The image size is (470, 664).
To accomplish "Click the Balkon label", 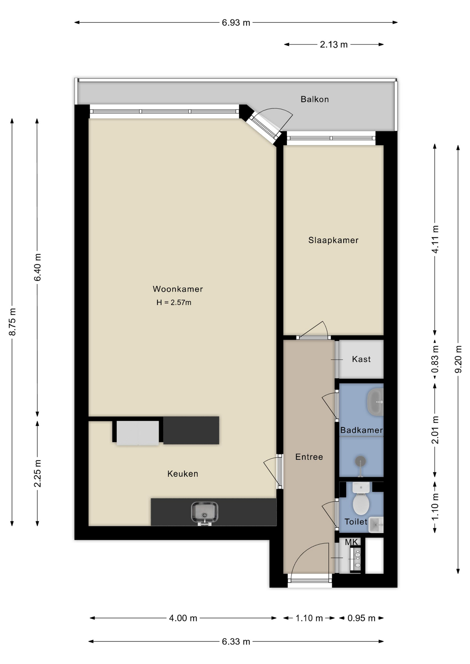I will pos(314,99).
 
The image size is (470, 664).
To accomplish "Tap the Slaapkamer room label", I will pos(333,240).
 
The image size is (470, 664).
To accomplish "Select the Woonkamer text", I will pos(178,289).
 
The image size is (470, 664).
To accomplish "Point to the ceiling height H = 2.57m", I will pos(174,303).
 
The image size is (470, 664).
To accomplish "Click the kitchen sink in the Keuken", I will pos(205,512).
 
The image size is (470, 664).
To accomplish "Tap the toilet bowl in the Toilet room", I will pos(361,504).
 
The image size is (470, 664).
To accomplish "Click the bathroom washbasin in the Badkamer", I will pos(376,402).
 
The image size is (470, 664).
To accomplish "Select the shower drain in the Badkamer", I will pos(361,461).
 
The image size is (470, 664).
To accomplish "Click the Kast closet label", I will pos(361,359).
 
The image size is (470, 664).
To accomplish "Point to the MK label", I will pos(351,542).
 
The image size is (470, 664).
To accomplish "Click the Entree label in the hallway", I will pos(309,457).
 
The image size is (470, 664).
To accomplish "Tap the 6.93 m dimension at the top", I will pos(236,23).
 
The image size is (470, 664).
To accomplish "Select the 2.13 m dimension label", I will pos(333,45).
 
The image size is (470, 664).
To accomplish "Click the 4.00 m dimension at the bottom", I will pos(183,618).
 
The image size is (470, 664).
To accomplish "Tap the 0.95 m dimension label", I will pos(361,618).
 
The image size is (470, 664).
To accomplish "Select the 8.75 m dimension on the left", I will pos(12,322).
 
